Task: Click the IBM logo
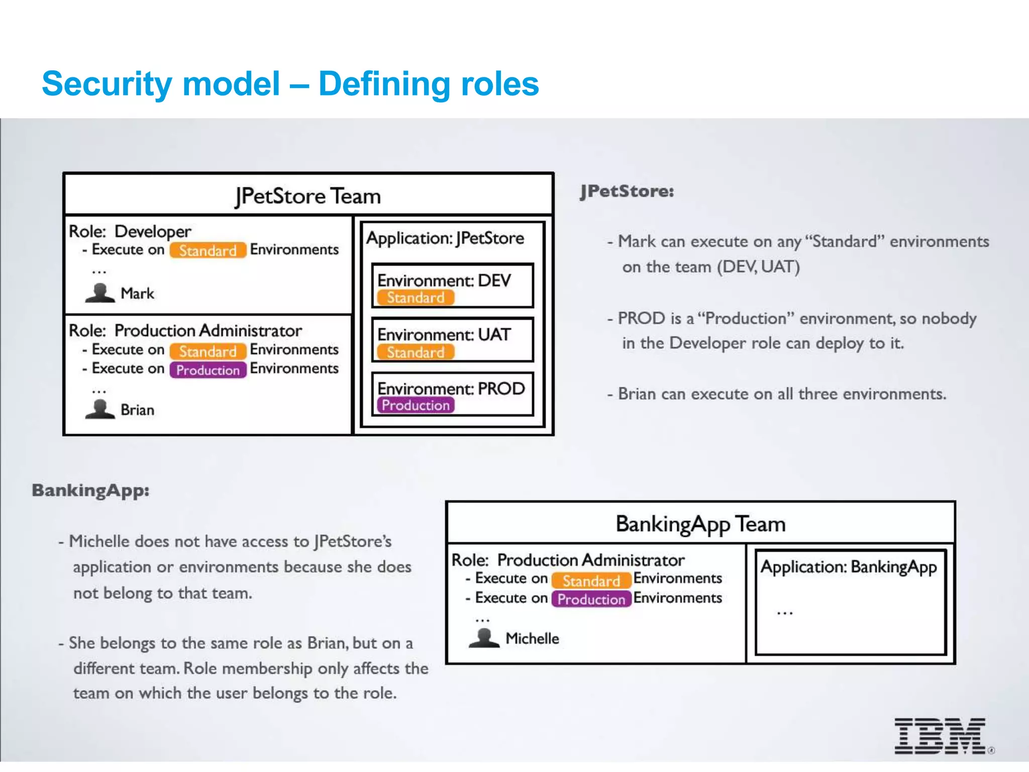coord(940,736)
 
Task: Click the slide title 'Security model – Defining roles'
coord(290,83)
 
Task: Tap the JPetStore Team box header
coord(308,196)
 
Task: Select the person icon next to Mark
coord(100,293)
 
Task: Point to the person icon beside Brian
coord(100,409)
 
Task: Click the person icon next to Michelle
coord(483,638)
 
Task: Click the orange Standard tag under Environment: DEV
coord(416,298)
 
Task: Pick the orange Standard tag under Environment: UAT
coord(416,352)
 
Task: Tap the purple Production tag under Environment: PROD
coord(416,405)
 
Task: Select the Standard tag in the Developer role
coord(208,250)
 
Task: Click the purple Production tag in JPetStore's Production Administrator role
coord(208,370)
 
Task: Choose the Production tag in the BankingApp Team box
coord(591,599)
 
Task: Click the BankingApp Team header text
coord(700,524)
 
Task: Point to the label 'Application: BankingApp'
coord(848,567)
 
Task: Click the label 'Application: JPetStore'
coord(445,238)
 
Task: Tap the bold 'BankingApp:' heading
coord(90,491)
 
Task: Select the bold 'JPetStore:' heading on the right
coord(627,191)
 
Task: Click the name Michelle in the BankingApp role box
coord(532,638)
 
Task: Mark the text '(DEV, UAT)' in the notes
coord(758,267)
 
